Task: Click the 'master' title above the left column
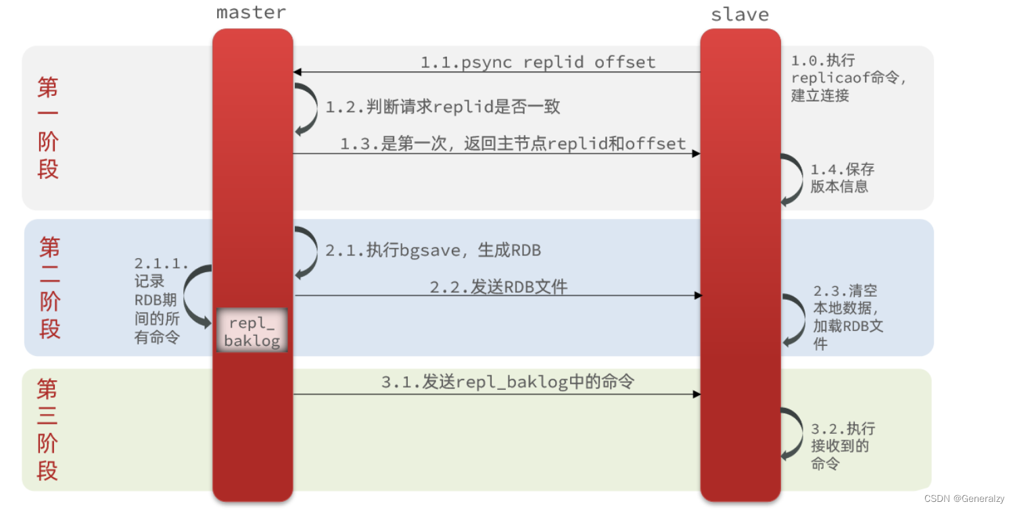pyautogui.click(x=251, y=13)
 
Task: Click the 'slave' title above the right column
pyautogui.click(x=740, y=14)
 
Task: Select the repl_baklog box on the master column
pyautogui.click(x=252, y=331)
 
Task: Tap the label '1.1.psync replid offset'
pyautogui.click(x=538, y=63)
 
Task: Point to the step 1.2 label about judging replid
pyautogui.click(x=443, y=107)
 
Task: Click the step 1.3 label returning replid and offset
pyautogui.click(x=513, y=144)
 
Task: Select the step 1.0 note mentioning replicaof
pyautogui.click(x=848, y=78)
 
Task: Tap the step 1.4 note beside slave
pyautogui.click(x=842, y=178)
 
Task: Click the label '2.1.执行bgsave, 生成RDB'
pyautogui.click(x=433, y=251)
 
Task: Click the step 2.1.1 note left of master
pyautogui.click(x=160, y=301)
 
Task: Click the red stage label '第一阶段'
pyautogui.click(x=48, y=128)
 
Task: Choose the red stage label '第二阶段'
pyautogui.click(x=50, y=288)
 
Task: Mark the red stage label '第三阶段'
pyautogui.click(x=47, y=430)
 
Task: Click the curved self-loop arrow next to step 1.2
pyautogui.click(x=308, y=108)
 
